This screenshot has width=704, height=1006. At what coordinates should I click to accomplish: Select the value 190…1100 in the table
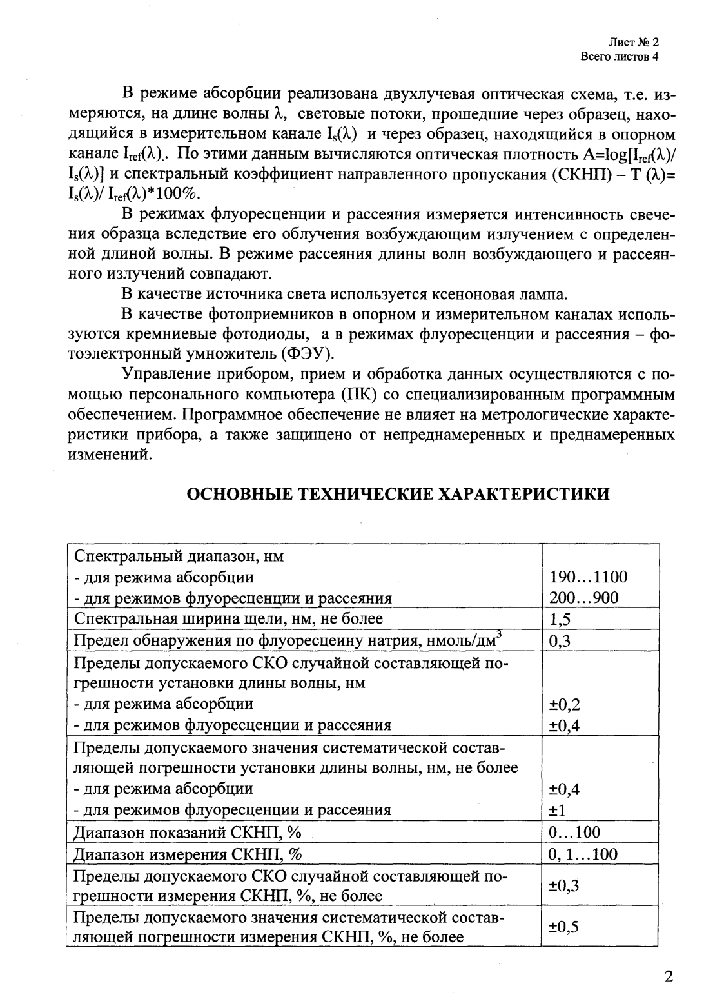coord(588,577)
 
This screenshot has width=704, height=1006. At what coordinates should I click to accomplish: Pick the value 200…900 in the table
coord(583,598)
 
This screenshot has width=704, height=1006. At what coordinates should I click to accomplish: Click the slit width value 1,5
coord(560,619)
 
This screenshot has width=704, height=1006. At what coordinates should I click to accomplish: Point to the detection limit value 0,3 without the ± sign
coord(560,640)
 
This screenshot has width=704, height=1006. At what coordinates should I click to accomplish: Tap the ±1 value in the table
coord(558,811)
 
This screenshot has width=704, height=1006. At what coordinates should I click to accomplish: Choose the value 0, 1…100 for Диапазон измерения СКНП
coord(582,854)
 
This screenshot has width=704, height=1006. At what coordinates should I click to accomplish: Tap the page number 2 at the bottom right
coord(669,976)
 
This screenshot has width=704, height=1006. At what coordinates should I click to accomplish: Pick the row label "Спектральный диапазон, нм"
coord(180,555)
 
